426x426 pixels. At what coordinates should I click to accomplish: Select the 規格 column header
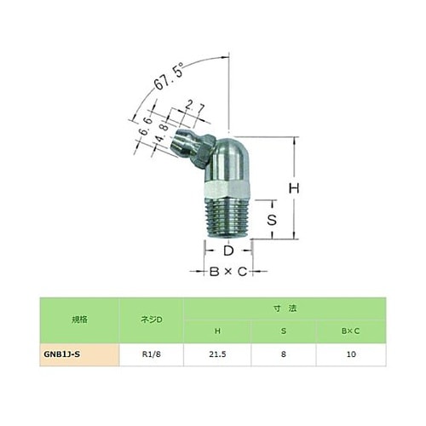pos(78,320)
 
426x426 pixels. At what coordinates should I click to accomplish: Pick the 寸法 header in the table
pos(286,308)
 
